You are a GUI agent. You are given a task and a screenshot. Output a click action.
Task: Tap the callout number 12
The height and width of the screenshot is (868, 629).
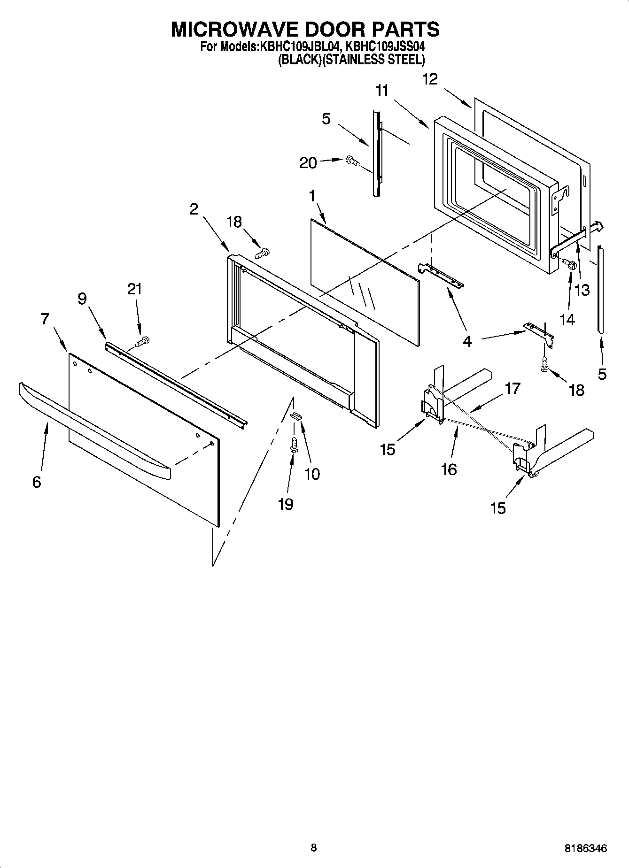(429, 79)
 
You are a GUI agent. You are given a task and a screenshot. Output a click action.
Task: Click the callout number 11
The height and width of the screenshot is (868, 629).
(382, 91)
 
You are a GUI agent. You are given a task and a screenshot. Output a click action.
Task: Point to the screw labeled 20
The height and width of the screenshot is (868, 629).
(353, 161)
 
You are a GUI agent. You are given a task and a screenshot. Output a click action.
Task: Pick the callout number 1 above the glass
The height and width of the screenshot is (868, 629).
(312, 197)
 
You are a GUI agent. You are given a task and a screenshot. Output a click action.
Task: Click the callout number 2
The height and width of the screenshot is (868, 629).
(194, 209)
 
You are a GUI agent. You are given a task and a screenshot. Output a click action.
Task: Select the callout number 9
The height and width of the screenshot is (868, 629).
(82, 299)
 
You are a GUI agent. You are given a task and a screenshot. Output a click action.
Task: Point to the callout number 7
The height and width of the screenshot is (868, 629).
(45, 319)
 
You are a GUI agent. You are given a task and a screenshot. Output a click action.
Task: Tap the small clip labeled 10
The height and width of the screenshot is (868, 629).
(295, 415)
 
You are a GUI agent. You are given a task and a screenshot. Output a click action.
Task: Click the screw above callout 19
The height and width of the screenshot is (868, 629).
(295, 444)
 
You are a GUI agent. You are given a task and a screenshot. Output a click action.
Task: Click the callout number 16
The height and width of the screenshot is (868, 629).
(449, 469)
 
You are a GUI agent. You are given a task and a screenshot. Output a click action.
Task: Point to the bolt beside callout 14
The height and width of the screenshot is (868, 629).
(569, 265)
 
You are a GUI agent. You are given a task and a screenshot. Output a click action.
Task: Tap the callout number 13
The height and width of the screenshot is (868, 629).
(582, 290)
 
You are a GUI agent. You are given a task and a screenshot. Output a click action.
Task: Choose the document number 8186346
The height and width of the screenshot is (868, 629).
(585, 848)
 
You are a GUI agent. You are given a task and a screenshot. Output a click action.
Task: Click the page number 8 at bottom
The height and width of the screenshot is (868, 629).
(314, 847)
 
